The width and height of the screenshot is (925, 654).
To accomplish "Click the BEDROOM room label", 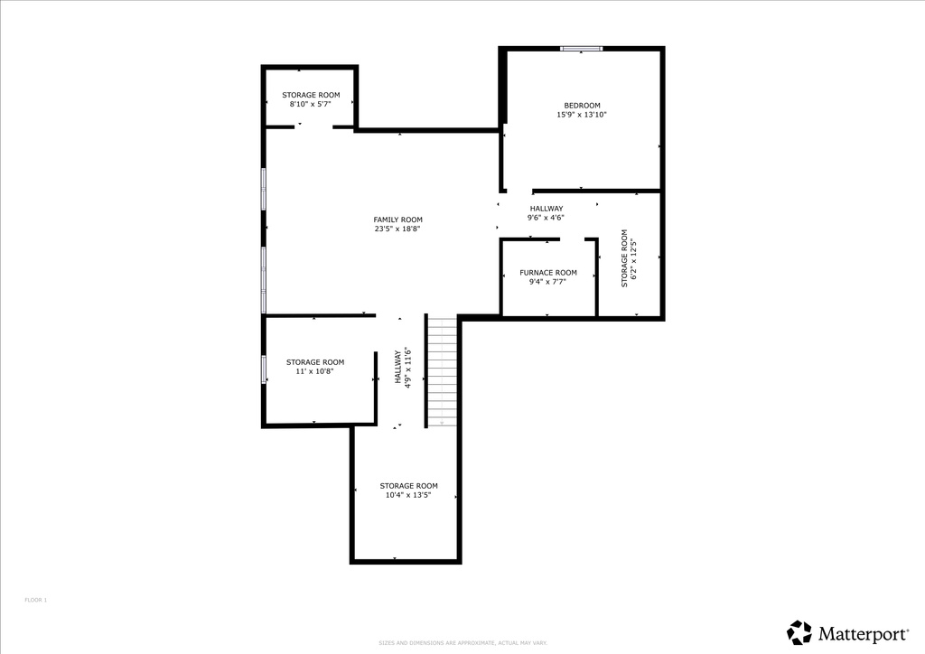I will (x=582, y=106).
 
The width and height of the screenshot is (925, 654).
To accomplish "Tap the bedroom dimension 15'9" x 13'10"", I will (x=582, y=116).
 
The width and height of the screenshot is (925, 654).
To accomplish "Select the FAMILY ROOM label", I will (x=397, y=220).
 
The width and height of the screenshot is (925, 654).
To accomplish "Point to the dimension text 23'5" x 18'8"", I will (x=397, y=229).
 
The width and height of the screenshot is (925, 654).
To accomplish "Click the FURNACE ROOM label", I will (x=547, y=273).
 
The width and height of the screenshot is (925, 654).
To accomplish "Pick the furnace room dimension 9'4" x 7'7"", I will (x=547, y=282).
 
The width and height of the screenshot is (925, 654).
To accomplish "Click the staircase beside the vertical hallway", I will (x=442, y=370).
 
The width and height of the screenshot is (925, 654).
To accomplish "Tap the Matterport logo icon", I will (x=799, y=631).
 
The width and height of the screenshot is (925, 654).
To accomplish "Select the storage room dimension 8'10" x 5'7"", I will (x=311, y=105).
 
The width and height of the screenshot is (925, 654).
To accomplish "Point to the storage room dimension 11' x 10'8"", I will (x=314, y=371).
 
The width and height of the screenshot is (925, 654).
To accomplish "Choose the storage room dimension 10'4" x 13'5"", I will (x=408, y=495).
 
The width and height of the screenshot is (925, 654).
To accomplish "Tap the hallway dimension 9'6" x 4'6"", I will (x=546, y=218).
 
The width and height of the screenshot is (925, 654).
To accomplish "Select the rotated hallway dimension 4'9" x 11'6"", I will (x=407, y=368).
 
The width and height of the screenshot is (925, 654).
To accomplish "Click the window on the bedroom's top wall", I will (x=581, y=49).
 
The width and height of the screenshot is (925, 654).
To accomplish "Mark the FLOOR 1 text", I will (x=35, y=600).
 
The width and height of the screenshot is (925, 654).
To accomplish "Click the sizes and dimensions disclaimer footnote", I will (x=462, y=642).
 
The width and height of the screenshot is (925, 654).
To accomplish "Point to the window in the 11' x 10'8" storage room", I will (x=264, y=369).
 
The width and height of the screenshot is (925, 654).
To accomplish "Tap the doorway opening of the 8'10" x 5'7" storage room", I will (x=313, y=127).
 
